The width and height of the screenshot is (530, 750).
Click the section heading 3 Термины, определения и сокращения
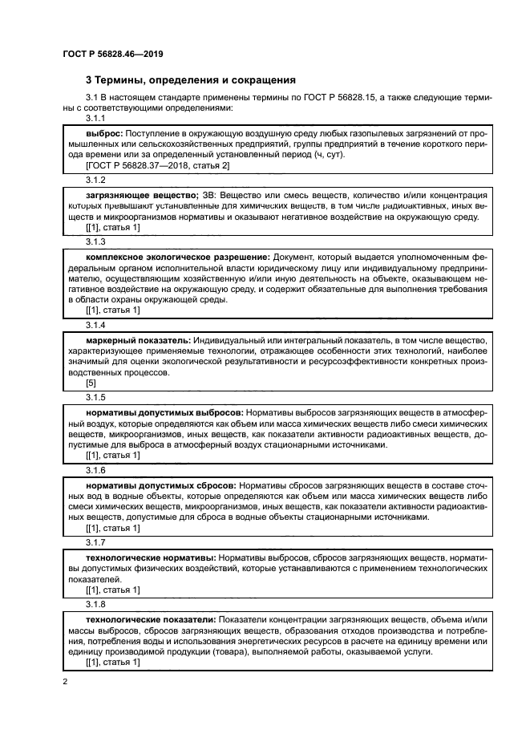click(191, 80)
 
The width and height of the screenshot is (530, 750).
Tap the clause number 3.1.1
click(95, 117)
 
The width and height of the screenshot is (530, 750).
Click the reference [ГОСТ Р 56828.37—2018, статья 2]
click(157, 165)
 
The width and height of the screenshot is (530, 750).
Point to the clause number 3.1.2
click(95, 180)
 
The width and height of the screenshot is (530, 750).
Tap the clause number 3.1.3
click(95, 242)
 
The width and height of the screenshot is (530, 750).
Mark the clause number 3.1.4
click(95, 326)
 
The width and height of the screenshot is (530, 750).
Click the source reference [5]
click(91, 383)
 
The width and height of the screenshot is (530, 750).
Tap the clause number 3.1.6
click(95, 471)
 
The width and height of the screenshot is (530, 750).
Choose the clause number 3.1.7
click(95, 544)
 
